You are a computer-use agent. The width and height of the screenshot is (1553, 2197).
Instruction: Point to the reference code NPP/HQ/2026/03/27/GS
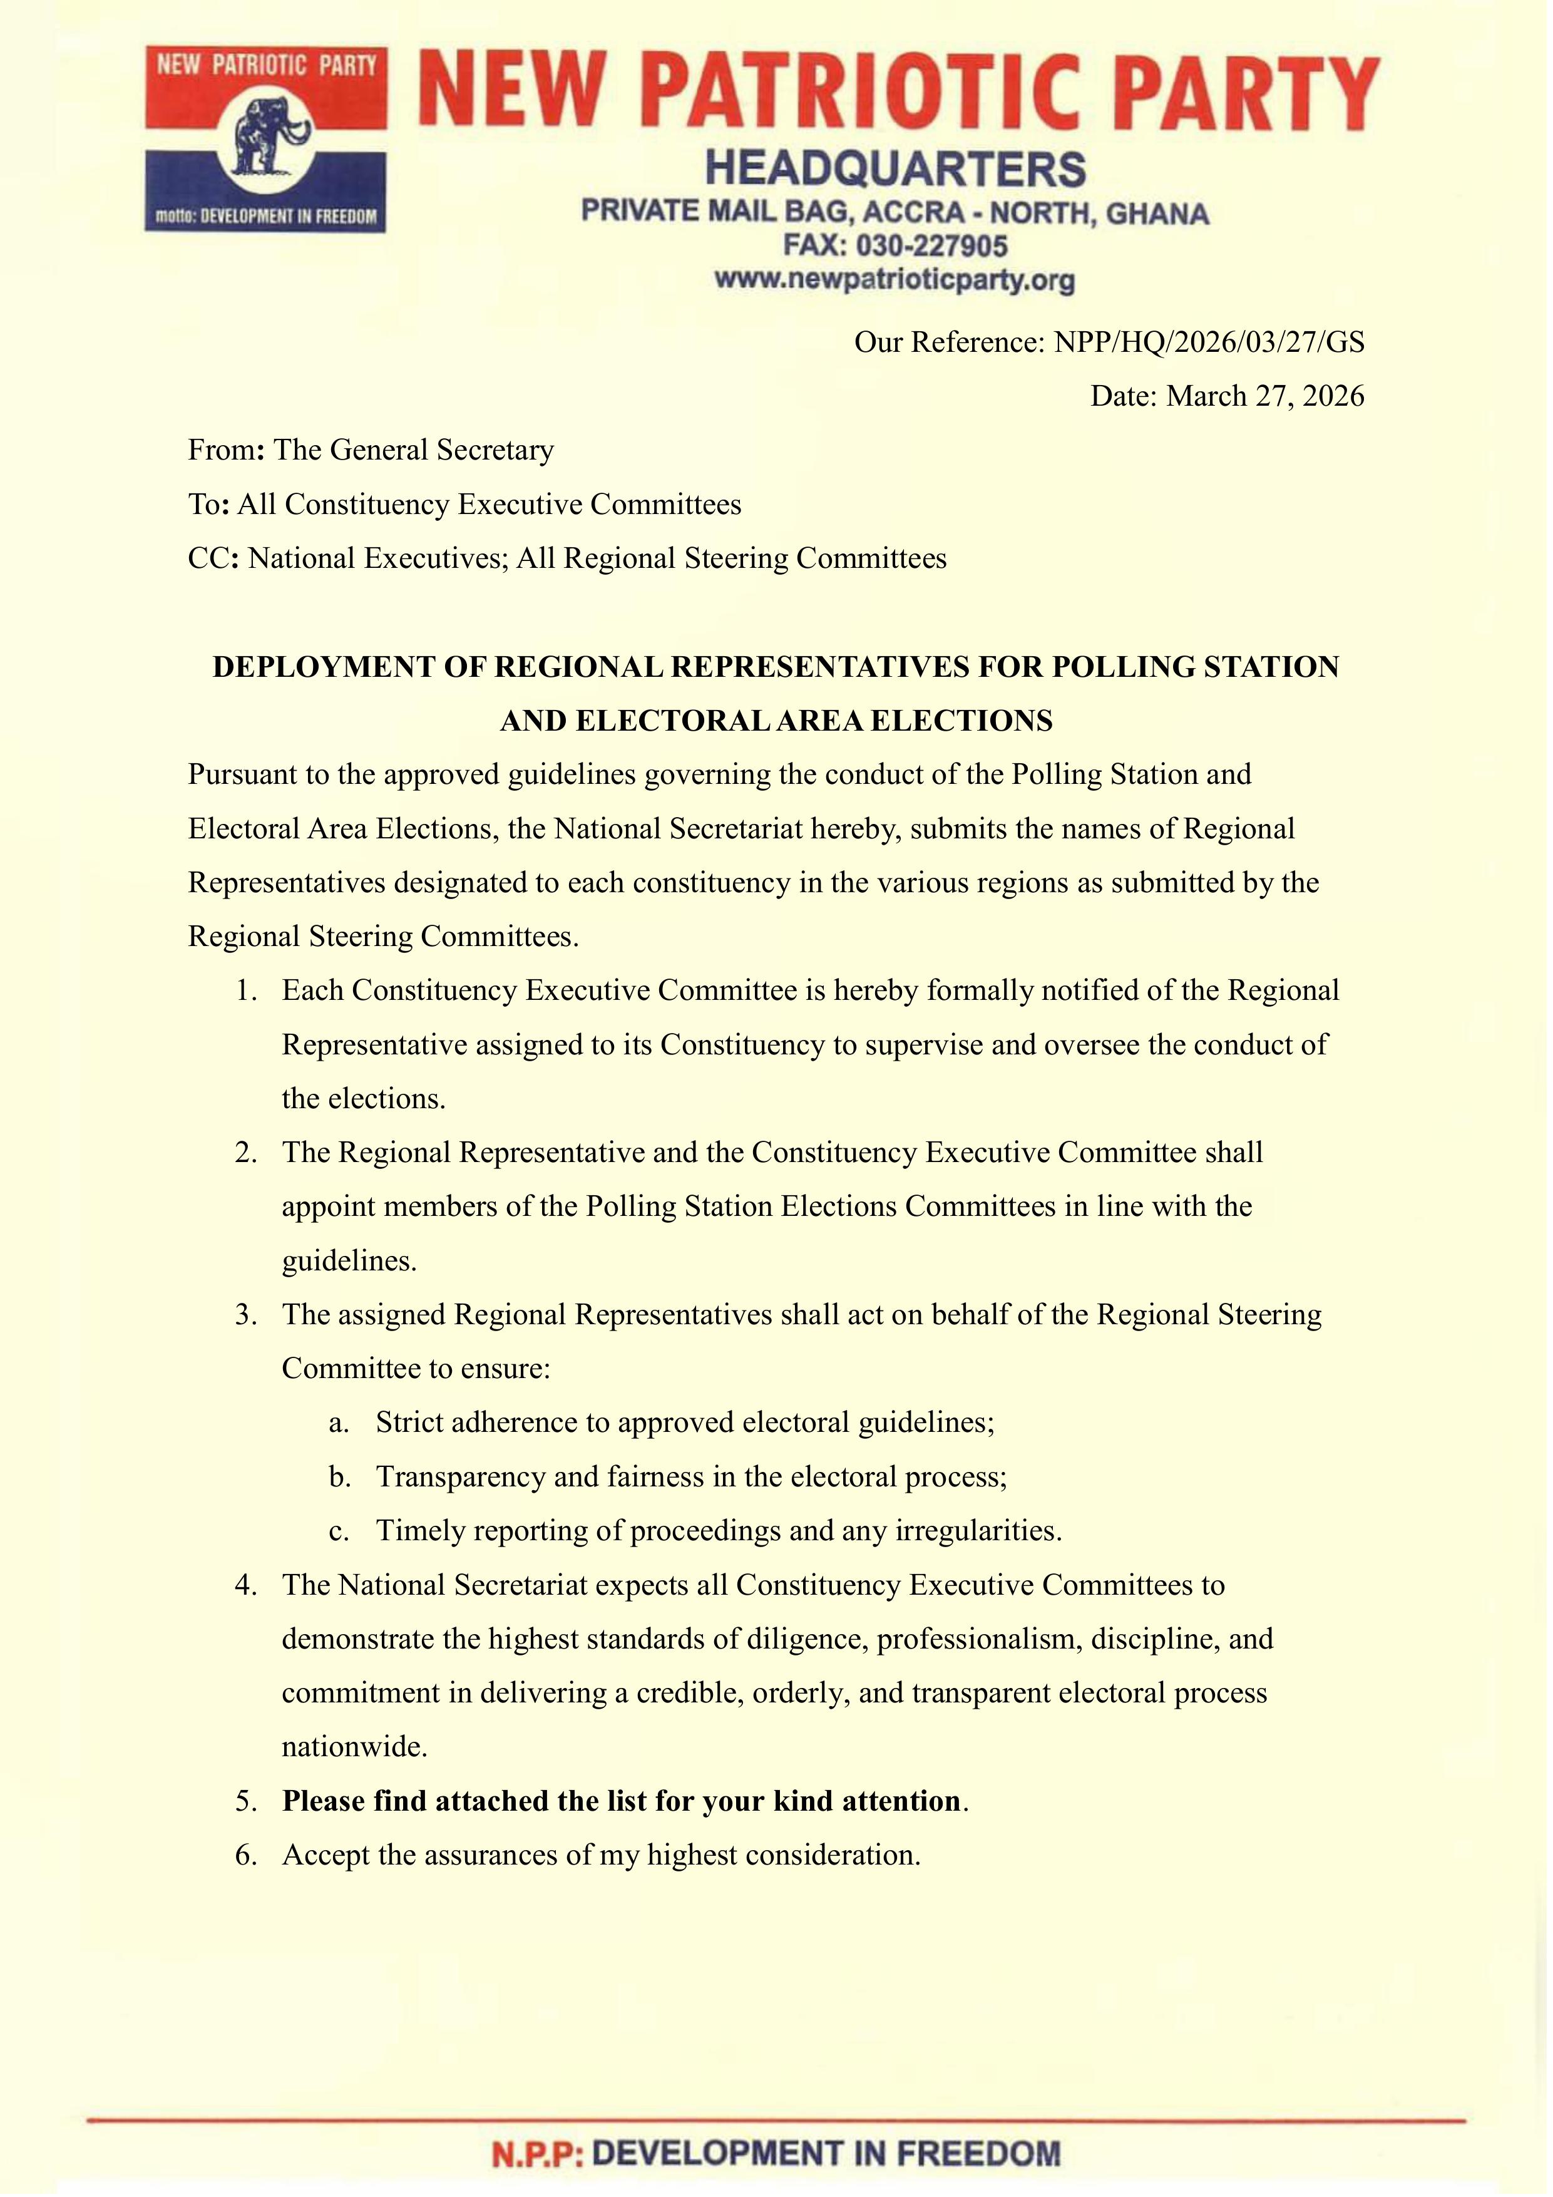click(1209, 342)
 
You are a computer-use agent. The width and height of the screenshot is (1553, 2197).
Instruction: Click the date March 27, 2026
click(1265, 396)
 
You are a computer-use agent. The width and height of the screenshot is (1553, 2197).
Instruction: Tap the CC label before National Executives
click(208, 559)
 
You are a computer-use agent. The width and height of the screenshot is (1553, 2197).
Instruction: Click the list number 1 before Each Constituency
click(247, 990)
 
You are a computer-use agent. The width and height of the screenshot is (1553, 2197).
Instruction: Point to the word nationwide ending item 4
click(354, 1747)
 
